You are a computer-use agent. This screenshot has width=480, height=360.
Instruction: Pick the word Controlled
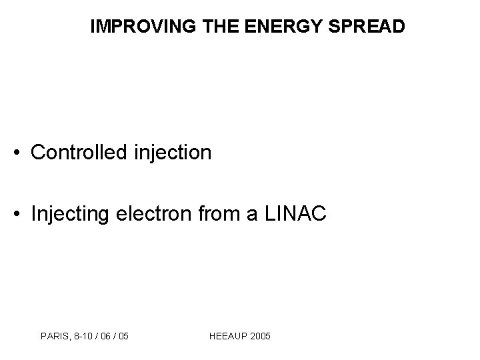[75, 153]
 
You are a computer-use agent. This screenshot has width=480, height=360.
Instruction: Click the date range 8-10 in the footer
[79, 337]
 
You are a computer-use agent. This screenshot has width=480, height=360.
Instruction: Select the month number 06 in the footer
[103, 337]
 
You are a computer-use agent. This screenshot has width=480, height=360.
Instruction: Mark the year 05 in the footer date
[123, 337]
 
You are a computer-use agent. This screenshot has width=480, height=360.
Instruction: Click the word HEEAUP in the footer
[228, 337]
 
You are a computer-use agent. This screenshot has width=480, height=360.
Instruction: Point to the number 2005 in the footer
[260, 337]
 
